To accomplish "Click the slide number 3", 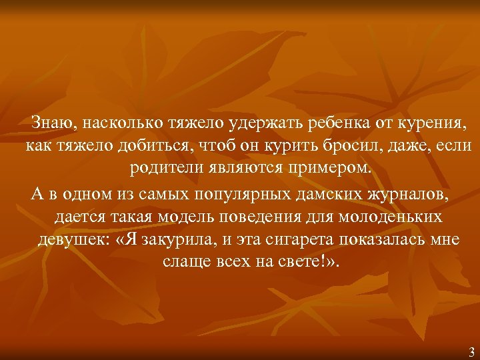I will point(471,352).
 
